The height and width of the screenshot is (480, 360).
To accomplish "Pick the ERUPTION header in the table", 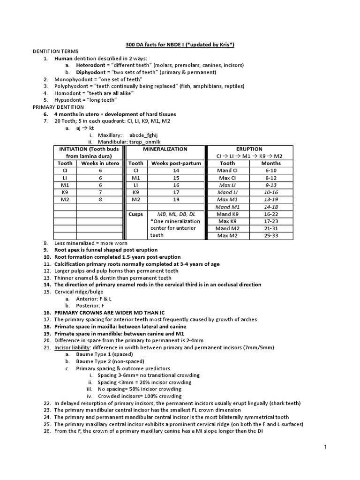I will click(249, 149).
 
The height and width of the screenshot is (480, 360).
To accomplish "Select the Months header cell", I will click(271, 164).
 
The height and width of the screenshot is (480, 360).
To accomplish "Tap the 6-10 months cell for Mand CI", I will click(271, 171).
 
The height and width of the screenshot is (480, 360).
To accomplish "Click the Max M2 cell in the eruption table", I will click(227, 236).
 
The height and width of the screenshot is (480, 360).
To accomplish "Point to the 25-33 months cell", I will click(271, 236).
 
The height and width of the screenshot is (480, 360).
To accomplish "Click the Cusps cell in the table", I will click(135, 214).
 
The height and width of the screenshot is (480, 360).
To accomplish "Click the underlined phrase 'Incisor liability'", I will click(73, 347).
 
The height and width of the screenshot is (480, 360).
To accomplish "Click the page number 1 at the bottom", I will click(325, 448).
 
